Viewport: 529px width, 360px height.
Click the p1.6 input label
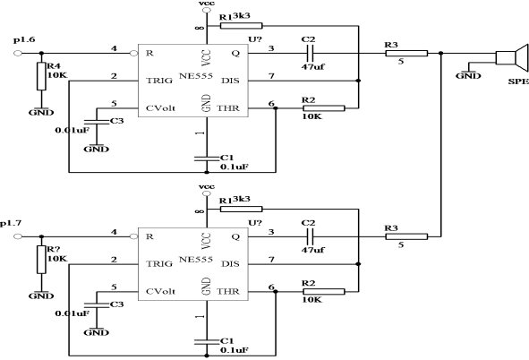point(24,40)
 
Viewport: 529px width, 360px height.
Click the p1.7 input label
point(11,223)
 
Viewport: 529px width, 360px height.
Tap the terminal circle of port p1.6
point(18,54)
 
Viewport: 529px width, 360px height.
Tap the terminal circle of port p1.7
point(18,236)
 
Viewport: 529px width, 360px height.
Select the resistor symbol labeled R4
point(41,76)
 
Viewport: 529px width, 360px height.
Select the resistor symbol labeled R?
point(41,260)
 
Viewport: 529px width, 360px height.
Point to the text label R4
point(54,65)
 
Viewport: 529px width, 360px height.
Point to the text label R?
point(54,249)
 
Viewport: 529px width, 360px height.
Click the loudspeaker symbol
point(512,57)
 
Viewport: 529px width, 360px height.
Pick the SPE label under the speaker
point(518,81)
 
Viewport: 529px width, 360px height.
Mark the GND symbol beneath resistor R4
point(41,112)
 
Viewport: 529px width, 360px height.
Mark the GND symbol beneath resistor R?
point(41,296)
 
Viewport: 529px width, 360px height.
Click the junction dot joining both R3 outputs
point(440,54)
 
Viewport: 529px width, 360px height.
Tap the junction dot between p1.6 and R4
point(41,54)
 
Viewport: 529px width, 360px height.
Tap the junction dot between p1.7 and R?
point(41,236)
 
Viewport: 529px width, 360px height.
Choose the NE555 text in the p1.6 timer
point(196,75)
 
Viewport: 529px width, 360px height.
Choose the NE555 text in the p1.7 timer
point(196,259)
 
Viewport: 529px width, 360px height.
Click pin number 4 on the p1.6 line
point(114,48)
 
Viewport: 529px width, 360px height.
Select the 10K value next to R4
point(57,75)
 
